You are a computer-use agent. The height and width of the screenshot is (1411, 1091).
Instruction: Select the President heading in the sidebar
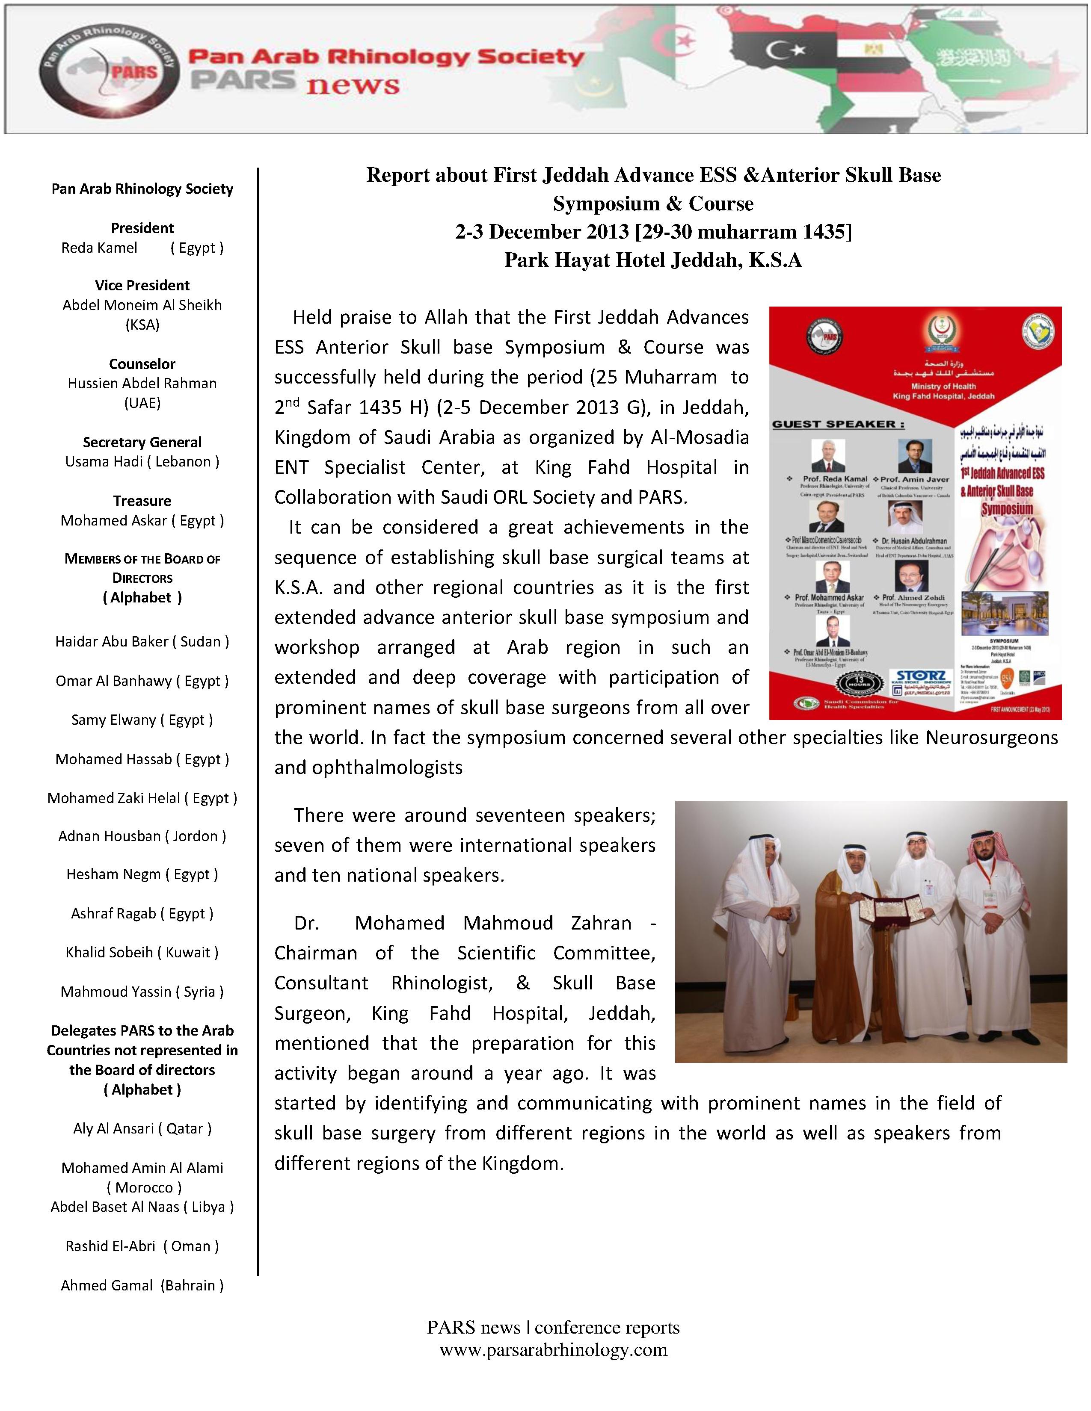coord(142,228)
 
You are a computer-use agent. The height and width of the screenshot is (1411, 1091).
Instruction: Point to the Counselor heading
coord(142,364)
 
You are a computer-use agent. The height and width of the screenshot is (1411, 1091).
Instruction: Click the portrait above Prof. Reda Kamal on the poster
coord(829,456)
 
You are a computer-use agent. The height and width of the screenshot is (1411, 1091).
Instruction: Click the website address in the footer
coord(553,1349)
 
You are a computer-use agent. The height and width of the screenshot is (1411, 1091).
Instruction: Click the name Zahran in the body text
coord(601,923)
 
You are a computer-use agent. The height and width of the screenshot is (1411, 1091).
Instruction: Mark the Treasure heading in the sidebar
coord(142,501)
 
